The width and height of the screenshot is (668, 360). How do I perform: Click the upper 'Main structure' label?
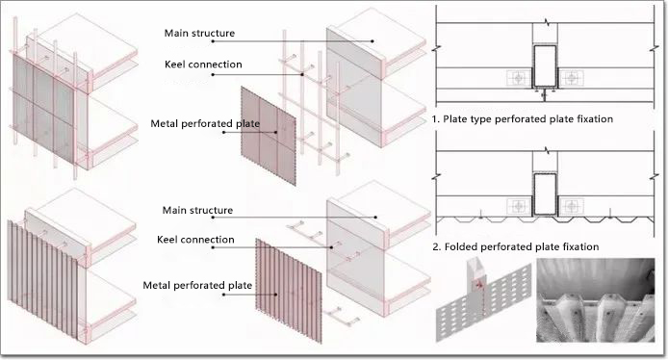(x=199, y=33)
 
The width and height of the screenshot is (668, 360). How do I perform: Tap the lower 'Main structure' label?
(x=197, y=210)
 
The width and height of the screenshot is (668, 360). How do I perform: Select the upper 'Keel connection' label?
(x=203, y=64)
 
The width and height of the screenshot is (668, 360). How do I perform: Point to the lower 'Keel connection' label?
(x=195, y=240)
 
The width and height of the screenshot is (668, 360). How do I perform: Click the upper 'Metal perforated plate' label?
(x=205, y=124)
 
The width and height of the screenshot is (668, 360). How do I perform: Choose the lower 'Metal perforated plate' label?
(x=197, y=286)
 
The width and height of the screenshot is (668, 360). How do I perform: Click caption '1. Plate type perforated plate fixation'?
(x=523, y=118)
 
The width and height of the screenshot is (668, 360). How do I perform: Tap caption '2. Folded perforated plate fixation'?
(x=516, y=246)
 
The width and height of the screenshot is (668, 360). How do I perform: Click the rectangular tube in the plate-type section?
(x=545, y=66)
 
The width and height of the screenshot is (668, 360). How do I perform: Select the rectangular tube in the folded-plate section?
(x=545, y=194)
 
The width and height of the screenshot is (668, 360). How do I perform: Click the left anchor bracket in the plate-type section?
(x=519, y=78)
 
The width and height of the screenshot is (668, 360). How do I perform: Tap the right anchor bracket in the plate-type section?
(x=571, y=78)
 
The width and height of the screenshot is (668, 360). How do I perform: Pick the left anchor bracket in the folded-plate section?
(x=519, y=206)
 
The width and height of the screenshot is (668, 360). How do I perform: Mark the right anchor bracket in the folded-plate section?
(x=571, y=206)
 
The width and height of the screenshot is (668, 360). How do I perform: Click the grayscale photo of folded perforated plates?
(x=595, y=300)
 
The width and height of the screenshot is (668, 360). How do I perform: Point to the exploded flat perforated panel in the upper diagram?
(x=269, y=136)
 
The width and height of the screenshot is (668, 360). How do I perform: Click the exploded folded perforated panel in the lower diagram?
(x=289, y=291)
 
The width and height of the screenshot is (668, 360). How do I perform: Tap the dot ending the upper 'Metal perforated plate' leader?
(x=276, y=132)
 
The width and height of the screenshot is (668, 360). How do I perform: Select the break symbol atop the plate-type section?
(x=546, y=21)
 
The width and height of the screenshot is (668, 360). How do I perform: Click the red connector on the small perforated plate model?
(x=479, y=284)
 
